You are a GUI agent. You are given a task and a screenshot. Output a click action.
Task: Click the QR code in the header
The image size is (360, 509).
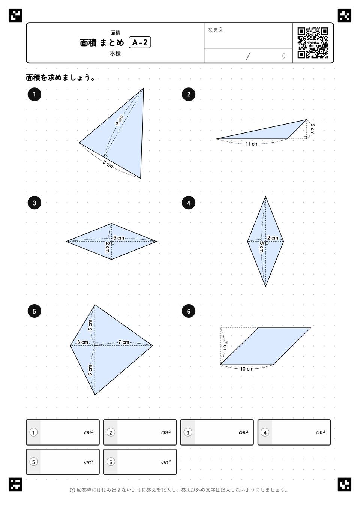coord(313,43)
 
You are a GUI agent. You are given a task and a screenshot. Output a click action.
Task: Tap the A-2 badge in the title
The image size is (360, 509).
coord(139,42)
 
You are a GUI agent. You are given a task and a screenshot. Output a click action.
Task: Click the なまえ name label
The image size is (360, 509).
coord(216,30)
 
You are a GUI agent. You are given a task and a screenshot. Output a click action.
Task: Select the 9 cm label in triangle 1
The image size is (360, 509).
coord(120,120)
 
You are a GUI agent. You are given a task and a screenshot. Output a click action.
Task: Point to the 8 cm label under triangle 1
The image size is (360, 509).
coord(107,164)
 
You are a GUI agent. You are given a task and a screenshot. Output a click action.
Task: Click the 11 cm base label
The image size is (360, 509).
coord(252,144)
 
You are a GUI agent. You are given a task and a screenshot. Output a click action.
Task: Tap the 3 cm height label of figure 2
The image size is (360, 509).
coord(312,129)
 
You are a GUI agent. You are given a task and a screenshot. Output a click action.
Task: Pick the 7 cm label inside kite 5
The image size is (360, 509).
coord(123,342)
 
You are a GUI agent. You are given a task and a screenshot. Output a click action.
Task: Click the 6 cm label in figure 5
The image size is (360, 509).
coord(90,371)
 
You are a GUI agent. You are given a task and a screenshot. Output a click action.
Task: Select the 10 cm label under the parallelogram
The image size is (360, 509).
coord(247,369)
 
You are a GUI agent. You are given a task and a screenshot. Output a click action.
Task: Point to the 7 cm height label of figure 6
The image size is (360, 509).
coord(225,346)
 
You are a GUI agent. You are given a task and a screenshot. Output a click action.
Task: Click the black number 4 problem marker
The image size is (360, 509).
coord(189,203)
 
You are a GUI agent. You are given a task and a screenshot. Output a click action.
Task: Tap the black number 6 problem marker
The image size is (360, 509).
coord(189,311)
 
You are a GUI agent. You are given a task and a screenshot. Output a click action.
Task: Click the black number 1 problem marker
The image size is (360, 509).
coord(34,94)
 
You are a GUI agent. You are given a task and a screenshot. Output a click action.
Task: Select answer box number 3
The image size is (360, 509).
coord(217,432)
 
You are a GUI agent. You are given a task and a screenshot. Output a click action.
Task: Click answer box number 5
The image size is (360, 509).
coord(63,462)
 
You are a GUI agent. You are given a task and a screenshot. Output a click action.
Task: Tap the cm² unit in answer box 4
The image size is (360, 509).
coord(321,432)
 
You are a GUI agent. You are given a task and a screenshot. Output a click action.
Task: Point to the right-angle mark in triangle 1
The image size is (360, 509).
coord(105,156)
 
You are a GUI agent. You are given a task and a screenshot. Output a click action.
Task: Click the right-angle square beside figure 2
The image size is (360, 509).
coord(305,138)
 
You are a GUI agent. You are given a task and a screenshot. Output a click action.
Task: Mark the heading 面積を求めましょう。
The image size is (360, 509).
coord(60,78)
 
